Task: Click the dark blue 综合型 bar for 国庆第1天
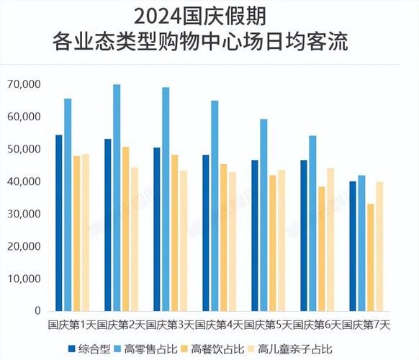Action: [x=59, y=223]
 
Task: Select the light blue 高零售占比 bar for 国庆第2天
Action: [x=117, y=198]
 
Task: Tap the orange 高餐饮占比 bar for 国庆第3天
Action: [x=174, y=233]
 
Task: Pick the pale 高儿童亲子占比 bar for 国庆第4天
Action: [x=232, y=242]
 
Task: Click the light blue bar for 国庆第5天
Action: [x=263, y=215]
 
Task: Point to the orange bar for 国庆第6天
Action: [x=322, y=249]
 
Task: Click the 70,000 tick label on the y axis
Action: [x=23, y=84]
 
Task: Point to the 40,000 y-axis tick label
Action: [x=23, y=181]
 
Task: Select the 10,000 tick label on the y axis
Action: [x=23, y=279]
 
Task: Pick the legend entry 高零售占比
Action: [x=148, y=349]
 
